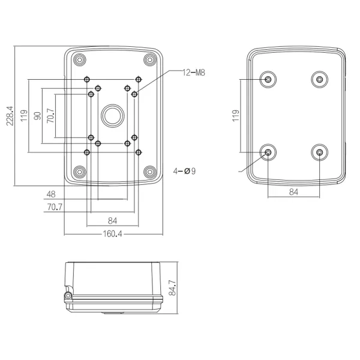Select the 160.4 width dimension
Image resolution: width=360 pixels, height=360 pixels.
(x=112, y=234)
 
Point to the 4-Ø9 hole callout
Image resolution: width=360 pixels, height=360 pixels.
(x=184, y=171)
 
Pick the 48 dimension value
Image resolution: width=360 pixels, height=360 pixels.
(x=51, y=194)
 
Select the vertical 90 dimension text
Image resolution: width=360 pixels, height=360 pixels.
(x=38, y=116)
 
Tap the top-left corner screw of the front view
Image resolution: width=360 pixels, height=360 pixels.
(x=79, y=59)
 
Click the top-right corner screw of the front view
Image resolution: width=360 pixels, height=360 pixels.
(x=149, y=59)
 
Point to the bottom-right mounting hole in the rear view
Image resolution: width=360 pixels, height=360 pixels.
(x=320, y=153)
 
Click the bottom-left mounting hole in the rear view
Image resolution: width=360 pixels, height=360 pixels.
(x=268, y=153)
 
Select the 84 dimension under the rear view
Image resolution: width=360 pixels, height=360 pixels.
(x=293, y=192)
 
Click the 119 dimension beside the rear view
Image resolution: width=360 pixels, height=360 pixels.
(x=236, y=116)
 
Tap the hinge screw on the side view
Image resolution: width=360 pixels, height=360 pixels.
(x=68, y=296)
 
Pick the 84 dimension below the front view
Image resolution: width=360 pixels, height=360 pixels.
(x=112, y=220)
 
